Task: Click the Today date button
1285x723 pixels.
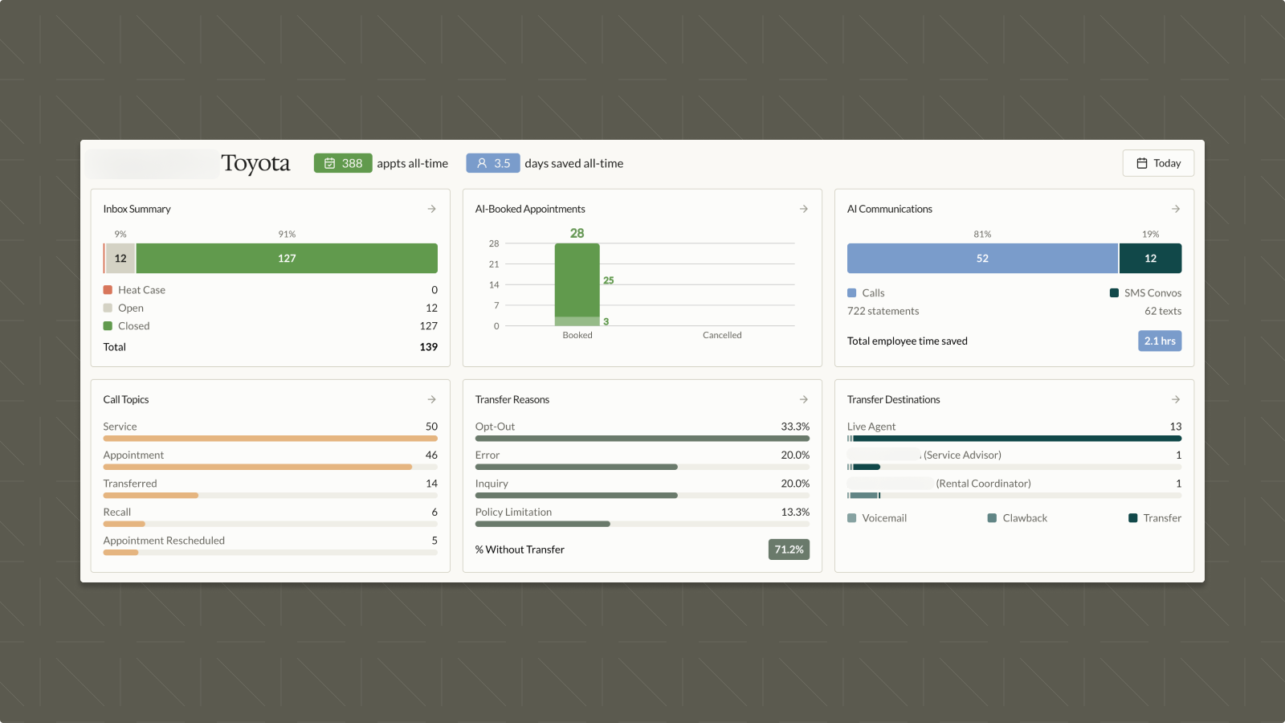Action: click(x=1157, y=163)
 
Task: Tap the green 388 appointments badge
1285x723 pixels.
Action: click(x=343, y=163)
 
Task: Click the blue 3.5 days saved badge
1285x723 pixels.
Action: click(x=492, y=163)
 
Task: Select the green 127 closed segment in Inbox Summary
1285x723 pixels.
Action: click(x=287, y=259)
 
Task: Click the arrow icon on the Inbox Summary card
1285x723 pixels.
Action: click(x=432, y=209)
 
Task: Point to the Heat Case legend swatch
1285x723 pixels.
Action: click(x=108, y=290)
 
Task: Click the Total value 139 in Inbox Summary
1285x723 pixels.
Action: click(x=428, y=347)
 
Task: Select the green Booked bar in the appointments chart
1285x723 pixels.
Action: click(x=577, y=281)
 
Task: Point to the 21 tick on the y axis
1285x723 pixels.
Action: click(x=494, y=264)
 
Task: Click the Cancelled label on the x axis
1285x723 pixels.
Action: click(x=722, y=335)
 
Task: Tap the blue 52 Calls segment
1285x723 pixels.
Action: click(x=982, y=259)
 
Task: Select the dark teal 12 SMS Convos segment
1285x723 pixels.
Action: click(x=1150, y=259)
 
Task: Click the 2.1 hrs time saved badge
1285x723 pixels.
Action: click(x=1159, y=341)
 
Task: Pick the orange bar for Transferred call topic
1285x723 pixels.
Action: click(x=150, y=496)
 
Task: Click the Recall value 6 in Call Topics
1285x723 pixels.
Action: click(x=434, y=512)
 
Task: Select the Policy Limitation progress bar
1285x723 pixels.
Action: click(x=542, y=524)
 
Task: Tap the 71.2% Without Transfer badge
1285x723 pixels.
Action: click(x=788, y=549)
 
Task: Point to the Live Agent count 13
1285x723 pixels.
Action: click(x=1175, y=427)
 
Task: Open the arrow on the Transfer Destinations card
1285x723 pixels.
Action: click(x=1176, y=399)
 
